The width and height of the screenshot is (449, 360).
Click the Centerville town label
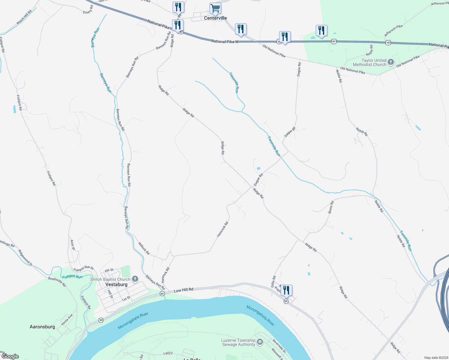click(x=215, y=18)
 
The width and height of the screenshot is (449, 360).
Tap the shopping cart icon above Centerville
click(x=215, y=8)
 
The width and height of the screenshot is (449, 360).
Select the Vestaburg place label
click(x=116, y=284)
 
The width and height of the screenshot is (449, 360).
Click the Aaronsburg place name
click(x=42, y=327)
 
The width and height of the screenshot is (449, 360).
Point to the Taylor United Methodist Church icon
click(x=390, y=62)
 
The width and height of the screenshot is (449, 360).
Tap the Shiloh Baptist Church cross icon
click(x=135, y=279)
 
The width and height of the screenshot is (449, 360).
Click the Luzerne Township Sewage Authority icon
click(x=260, y=342)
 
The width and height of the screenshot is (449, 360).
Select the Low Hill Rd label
click(x=183, y=290)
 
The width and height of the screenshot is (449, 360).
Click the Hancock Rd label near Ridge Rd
click(x=223, y=229)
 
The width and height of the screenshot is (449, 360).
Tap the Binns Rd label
click(x=330, y=207)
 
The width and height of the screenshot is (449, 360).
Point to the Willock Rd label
click(x=144, y=249)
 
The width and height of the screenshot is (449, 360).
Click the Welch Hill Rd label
click(x=24, y=17)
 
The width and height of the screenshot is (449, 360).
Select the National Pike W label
click(x=225, y=41)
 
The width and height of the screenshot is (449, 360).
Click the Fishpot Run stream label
click(x=72, y=276)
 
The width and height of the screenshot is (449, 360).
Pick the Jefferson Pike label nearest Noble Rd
click(x=393, y=31)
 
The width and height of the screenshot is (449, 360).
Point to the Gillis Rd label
click(x=273, y=282)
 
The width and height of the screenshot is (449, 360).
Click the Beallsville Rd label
click(x=57, y=282)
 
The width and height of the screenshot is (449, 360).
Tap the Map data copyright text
click(x=436, y=358)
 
